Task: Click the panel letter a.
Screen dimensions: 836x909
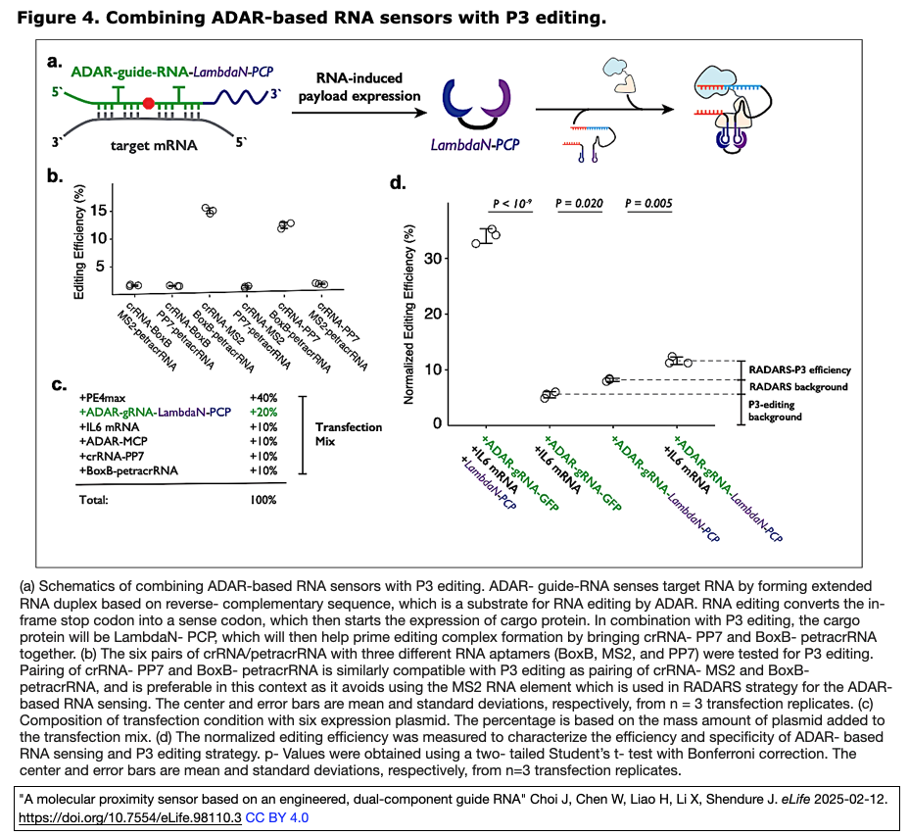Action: [x=56, y=61]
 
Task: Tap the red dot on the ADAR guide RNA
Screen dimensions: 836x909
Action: [x=148, y=102]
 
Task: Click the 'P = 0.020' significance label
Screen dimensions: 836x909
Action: [x=579, y=204]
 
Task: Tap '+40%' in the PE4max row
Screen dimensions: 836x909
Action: [x=263, y=398]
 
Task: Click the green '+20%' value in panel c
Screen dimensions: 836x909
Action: [x=263, y=413]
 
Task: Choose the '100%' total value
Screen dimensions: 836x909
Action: [x=263, y=500]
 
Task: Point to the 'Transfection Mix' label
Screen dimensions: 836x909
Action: [x=349, y=434]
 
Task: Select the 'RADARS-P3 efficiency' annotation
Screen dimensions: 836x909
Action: [x=799, y=369]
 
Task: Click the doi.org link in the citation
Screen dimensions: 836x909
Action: [x=129, y=815]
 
